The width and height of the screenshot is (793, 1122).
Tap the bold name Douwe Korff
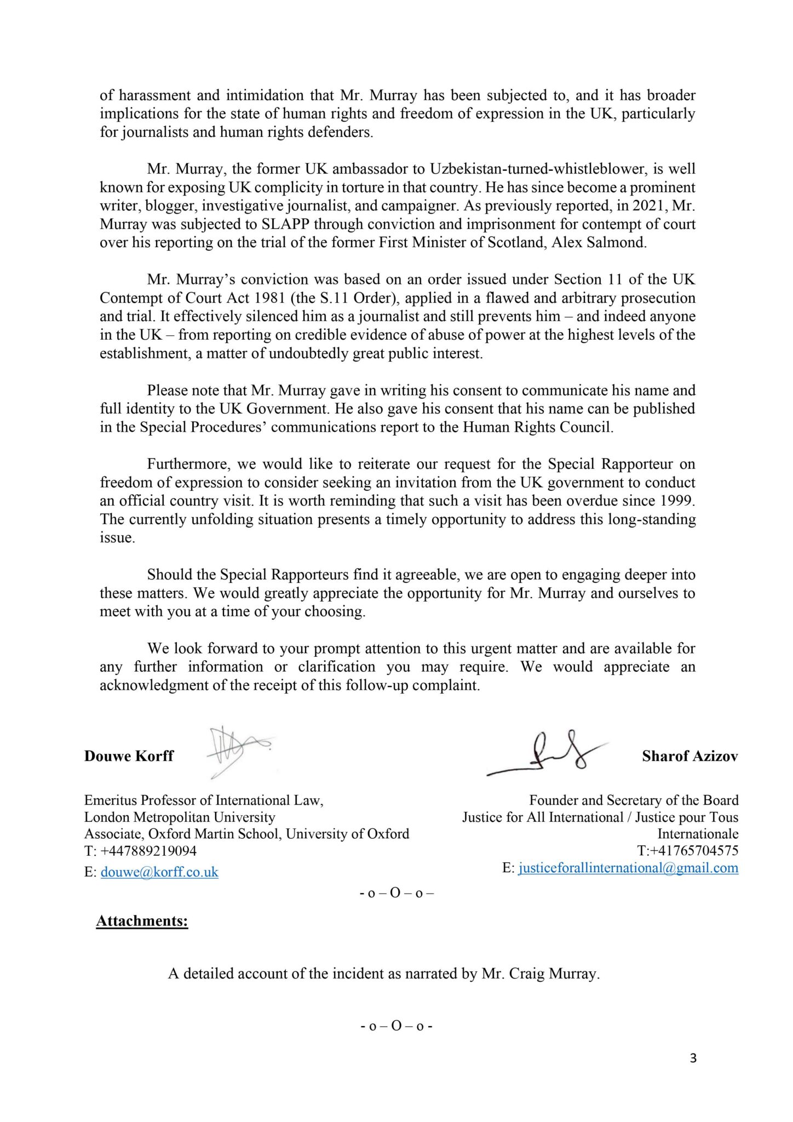point(129,756)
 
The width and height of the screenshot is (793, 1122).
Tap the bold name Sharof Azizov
point(689,756)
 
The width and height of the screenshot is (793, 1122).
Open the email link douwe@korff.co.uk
point(159,872)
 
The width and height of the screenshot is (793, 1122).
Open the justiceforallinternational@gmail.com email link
point(628,868)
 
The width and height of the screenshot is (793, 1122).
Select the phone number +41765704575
point(694,851)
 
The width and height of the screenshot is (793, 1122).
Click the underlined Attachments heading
point(142,921)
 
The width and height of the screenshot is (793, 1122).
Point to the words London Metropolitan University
point(180,817)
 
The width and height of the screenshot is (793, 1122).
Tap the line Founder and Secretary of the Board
point(634,800)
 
